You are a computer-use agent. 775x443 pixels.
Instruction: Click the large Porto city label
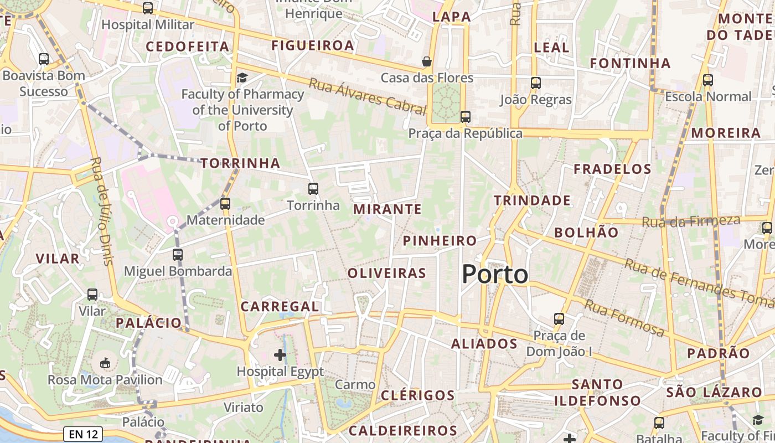tap(495, 275)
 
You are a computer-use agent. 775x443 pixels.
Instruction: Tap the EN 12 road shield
tap(84, 434)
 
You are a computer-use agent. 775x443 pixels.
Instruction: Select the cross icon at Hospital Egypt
tap(280, 354)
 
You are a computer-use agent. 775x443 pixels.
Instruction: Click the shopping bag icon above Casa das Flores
tap(427, 61)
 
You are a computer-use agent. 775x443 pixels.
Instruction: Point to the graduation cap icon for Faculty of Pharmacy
tap(242, 78)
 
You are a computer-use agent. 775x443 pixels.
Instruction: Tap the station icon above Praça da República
tap(466, 116)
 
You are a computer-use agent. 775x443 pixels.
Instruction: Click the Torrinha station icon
tap(313, 188)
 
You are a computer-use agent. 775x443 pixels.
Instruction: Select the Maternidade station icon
tap(225, 203)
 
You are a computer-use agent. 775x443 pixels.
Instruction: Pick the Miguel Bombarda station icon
tap(177, 255)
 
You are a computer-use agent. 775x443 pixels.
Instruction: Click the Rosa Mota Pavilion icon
tap(105, 363)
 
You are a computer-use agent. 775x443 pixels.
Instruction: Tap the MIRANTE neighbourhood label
tap(387, 209)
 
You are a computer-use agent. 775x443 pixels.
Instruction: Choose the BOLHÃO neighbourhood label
tap(586, 233)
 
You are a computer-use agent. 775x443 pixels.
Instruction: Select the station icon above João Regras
tap(535, 83)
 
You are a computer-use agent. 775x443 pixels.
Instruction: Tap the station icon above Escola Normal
tap(707, 80)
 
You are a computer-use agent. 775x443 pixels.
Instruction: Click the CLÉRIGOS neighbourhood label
tap(417, 395)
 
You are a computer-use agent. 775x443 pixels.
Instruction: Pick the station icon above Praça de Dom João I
tap(559, 319)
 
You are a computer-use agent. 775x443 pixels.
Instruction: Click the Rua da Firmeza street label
tap(691, 221)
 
